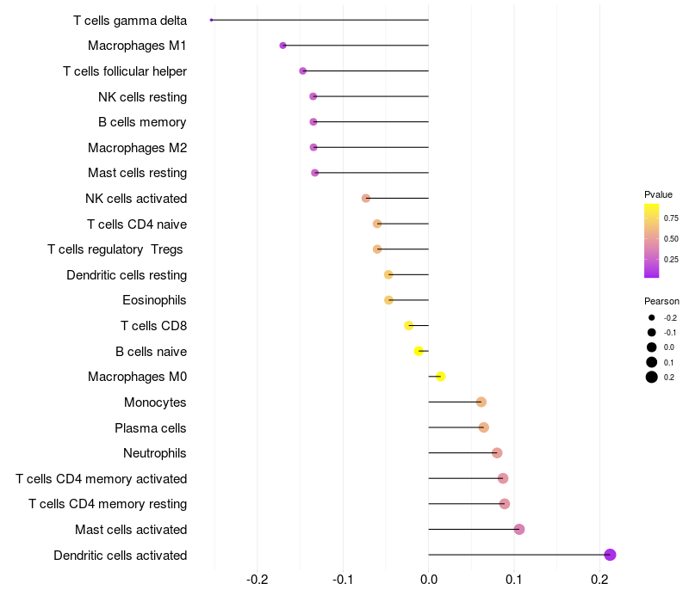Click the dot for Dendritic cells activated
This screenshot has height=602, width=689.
coord(610,555)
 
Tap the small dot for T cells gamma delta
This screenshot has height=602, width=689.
coord(211,20)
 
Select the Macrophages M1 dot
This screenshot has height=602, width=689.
coord(282,46)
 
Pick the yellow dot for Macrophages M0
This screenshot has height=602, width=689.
coord(440,377)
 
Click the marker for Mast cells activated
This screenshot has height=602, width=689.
coord(519,529)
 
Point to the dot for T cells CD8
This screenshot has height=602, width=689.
coord(409,326)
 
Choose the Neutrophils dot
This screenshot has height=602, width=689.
coord(497,453)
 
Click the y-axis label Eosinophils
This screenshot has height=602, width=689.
coord(155,300)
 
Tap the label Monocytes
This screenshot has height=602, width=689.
coord(155,402)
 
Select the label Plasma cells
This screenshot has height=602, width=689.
coord(151,427)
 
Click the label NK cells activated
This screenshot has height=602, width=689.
coord(136,199)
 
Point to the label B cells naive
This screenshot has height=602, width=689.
coord(151,351)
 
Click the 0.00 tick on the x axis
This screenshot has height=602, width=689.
coord(428,579)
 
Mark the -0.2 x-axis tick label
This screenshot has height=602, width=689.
coord(257,579)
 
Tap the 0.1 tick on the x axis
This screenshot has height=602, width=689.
coord(513,579)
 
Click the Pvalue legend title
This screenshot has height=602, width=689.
coord(658,194)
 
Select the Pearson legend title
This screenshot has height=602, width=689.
coord(661,301)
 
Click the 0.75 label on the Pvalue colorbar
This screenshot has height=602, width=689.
coord(671,218)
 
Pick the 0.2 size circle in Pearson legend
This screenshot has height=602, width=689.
coord(652,377)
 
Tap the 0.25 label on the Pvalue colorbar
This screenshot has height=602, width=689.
coord(671,259)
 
